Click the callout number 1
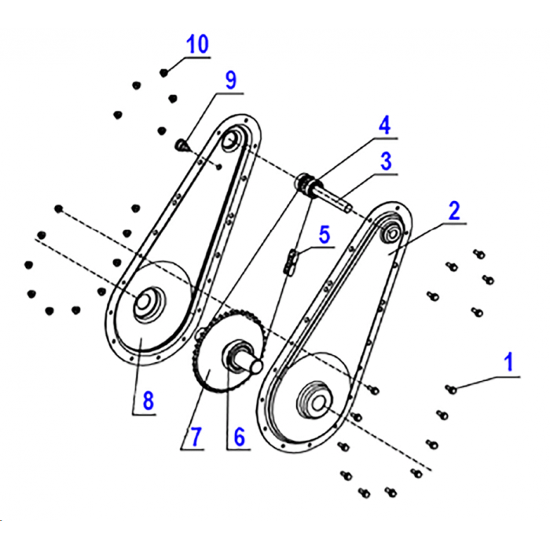coord(508,362)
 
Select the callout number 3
coord(386,162)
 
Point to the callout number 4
coord(383,126)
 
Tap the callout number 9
coord(230,80)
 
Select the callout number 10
coord(197,44)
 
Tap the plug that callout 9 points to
coord(180,145)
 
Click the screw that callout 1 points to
coord(452,388)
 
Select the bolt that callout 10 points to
coord(164,72)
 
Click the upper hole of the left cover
coord(230,141)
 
